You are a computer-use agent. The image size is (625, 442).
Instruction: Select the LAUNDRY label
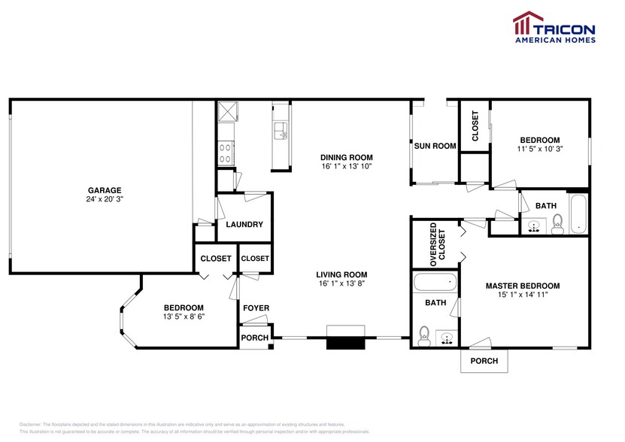point(244,224)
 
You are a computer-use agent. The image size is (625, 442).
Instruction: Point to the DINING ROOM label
point(347,156)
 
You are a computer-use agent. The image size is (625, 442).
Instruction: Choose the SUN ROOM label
point(435,146)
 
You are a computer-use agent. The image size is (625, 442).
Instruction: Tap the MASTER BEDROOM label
point(522,286)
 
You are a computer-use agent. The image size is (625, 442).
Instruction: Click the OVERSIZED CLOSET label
point(437,242)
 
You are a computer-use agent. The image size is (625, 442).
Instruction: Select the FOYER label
point(256,308)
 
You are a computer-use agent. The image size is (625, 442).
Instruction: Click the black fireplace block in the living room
point(346,343)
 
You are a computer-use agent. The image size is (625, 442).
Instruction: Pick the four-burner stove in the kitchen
point(226,153)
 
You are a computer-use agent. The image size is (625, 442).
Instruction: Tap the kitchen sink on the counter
point(280,132)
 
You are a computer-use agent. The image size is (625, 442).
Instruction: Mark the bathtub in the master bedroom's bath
point(435,284)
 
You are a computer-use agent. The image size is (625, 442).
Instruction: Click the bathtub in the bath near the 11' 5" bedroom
point(577,215)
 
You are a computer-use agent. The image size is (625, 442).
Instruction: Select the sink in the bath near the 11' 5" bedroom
point(535,225)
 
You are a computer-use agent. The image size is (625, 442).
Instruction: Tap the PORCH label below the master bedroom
point(484,361)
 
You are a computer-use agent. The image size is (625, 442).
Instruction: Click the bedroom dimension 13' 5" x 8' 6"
point(184,317)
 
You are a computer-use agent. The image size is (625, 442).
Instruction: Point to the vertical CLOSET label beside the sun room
point(475,126)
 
